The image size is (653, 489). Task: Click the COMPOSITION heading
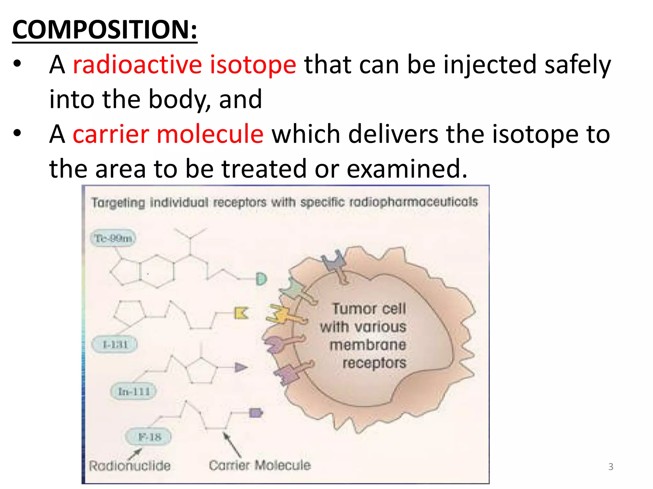(105, 30)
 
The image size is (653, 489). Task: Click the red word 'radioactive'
(137, 65)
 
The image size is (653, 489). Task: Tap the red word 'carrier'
(111, 134)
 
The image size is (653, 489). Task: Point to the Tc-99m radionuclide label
(113, 238)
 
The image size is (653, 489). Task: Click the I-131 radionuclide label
(115, 344)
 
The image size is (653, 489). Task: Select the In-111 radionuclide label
(134, 391)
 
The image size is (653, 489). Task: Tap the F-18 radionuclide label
(149, 437)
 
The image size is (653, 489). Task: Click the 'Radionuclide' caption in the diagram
(129, 466)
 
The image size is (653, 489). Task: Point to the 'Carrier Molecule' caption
(260, 465)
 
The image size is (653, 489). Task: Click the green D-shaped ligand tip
(261, 279)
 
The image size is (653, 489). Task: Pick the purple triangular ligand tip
(241, 367)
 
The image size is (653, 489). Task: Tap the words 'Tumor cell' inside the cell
(369, 309)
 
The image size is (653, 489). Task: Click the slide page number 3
(611, 467)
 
